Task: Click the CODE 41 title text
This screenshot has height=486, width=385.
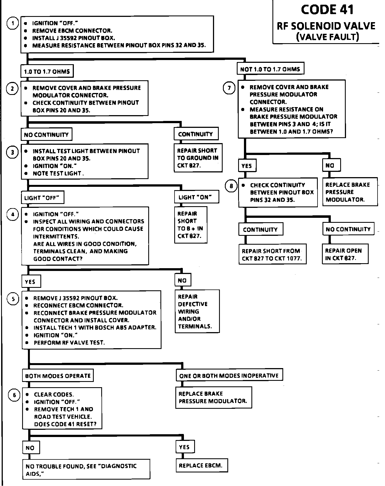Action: (x=327, y=10)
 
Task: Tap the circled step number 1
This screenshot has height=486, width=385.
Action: (x=12, y=23)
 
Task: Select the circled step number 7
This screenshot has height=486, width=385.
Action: (x=229, y=88)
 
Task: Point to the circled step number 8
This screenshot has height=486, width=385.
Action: (x=231, y=186)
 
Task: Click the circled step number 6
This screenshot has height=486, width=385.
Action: (x=14, y=395)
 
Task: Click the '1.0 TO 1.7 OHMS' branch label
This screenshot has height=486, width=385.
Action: (x=47, y=72)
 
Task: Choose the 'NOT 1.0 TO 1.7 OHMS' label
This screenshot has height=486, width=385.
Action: (x=270, y=69)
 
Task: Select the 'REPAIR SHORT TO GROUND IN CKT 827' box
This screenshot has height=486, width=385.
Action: (x=198, y=158)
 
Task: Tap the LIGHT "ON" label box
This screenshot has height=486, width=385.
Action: (x=196, y=197)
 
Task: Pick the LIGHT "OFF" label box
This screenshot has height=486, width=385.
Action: (x=42, y=198)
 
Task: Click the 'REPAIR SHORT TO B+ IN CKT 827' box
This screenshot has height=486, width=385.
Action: (x=191, y=225)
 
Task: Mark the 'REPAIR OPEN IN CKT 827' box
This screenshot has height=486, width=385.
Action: (x=345, y=254)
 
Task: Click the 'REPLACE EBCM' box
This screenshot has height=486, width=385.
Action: (x=201, y=466)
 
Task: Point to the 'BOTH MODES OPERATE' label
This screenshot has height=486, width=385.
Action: (x=58, y=376)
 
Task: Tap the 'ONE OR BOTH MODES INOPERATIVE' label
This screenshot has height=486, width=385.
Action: (x=229, y=376)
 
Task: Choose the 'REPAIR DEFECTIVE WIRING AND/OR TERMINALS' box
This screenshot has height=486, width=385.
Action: (x=197, y=311)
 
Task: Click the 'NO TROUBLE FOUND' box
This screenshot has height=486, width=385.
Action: (x=86, y=470)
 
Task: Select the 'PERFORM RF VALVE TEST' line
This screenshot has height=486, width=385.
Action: (x=69, y=343)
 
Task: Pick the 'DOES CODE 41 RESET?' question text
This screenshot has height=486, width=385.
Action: (x=65, y=424)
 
